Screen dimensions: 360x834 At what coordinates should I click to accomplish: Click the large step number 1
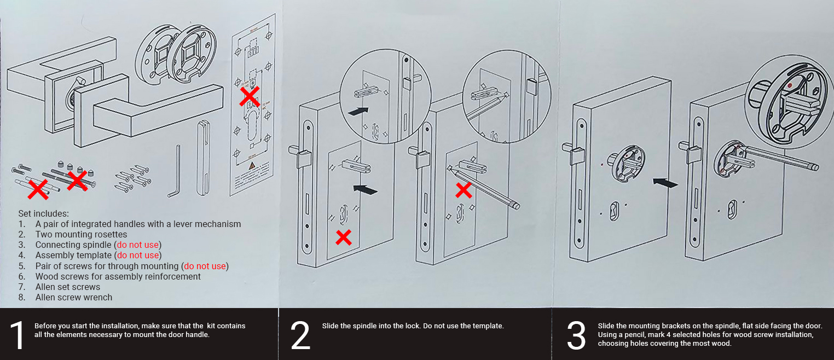click(19, 335)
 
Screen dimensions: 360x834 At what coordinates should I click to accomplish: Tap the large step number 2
click(300, 335)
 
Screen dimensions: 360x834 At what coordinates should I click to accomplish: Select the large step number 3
click(576, 335)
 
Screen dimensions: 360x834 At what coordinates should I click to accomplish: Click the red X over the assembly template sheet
click(250, 97)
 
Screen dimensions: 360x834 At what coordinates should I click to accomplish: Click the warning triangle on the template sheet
click(251, 166)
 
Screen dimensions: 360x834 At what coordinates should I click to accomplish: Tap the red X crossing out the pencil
click(464, 190)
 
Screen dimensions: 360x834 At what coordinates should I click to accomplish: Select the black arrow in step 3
click(665, 183)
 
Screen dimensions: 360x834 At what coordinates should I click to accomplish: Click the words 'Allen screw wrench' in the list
click(74, 298)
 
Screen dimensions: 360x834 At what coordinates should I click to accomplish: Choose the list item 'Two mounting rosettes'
click(81, 234)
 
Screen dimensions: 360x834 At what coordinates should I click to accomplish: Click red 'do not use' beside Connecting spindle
click(138, 245)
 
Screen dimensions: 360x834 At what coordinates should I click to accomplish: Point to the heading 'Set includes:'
click(44, 213)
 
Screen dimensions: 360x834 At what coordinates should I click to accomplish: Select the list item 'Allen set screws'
click(68, 287)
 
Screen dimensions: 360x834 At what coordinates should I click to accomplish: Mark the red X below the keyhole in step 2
click(343, 237)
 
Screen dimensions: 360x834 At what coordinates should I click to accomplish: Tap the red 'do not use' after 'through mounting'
click(205, 266)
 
